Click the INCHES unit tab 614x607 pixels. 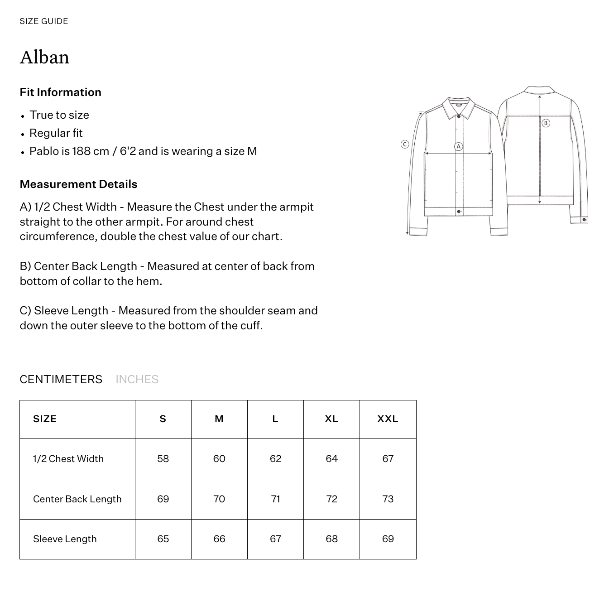[137, 379]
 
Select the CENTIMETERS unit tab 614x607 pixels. [61, 379]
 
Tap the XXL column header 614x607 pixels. [388, 419]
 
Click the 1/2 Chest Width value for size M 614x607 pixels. [219, 459]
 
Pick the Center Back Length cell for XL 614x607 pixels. [331, 499]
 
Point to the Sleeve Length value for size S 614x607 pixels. [163, 539]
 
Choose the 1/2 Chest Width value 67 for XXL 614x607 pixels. [388, 459]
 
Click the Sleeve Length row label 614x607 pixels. [65, 539]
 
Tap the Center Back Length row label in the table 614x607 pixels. [77, 499]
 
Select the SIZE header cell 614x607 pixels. [45, 419]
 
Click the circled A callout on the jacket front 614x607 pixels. [459, 146]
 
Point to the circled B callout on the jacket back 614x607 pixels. [546, 123]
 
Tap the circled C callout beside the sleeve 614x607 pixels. [405, 144]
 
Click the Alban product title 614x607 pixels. [44, 58]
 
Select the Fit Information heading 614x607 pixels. [61, 92]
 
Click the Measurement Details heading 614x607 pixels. [78, 184]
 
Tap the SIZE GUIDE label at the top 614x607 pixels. [44, 21]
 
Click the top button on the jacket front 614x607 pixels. [459, 117]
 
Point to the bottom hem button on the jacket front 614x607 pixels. [459, 212]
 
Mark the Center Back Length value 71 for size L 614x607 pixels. [275, 499]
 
